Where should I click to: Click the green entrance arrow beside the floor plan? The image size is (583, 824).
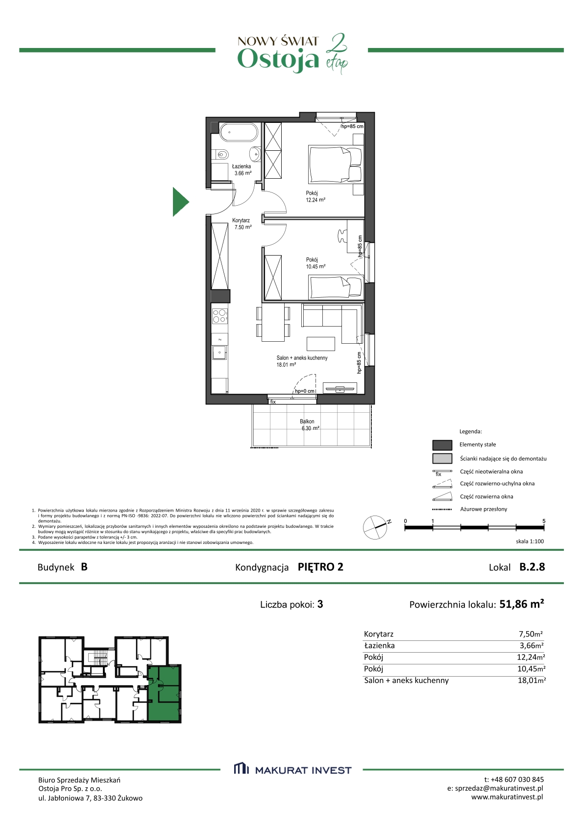click(x=180, y=202)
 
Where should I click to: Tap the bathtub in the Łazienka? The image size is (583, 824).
click(x=239, y=132)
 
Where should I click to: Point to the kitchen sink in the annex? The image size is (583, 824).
click(x=219, y=353)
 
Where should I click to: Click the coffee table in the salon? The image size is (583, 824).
click(x=321, y=344)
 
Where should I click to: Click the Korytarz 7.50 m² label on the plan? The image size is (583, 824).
click(x=242, y=224)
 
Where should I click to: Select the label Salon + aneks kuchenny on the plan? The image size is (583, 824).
click(x=302, y=358)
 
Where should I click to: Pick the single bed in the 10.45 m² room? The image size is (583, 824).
click(x=336, y=288)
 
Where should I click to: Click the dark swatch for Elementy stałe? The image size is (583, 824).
click(x=442, y=445)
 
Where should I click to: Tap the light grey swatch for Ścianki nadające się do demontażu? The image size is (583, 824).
click(x=442, y=458)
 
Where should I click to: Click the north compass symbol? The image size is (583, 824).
click(x=376, y=527)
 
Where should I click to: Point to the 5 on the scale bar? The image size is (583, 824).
click(x=544, y=521)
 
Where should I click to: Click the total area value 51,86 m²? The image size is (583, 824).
click(x=522, y=604)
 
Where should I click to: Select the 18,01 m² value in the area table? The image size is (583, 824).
click(x=532, y=680)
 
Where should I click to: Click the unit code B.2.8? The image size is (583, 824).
click(x=532, y=566)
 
